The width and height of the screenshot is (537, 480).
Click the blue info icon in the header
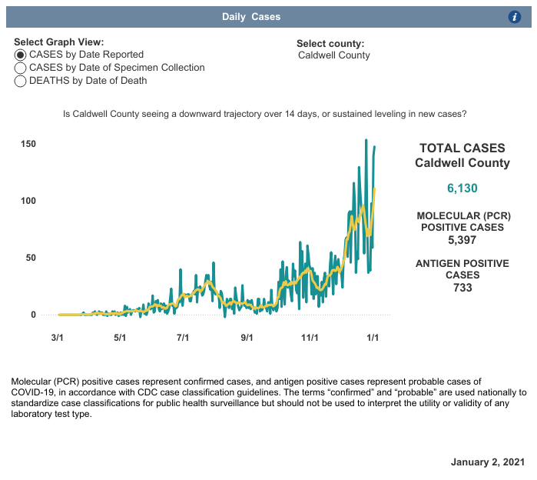pyautogui.click(x=515, y=17)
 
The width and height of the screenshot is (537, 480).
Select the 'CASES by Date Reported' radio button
pyautogui.click(x=22, y=55)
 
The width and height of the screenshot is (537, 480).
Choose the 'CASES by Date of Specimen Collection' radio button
pyautogui.click(x=22, y=68)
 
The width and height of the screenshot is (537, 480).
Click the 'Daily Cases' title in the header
pyautogui.click(x=251, y=17)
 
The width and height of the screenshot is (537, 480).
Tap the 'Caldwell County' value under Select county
pyautogui.click(x=333, y=55)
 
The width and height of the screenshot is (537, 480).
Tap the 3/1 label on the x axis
pyautogui.click(x=57, y=337)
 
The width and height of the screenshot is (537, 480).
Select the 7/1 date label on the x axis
pyautogui.click(x=183, y=337)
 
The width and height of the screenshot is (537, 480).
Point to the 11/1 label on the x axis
pyautogui.click(x=310, y=337)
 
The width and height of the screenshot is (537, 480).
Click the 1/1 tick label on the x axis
pyautogui.click(x=373, y=337)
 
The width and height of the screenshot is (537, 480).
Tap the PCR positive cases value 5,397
pyautogui.click(x=462, y=240)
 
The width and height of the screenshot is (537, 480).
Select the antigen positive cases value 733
pyautogui.click(x=462, y=288)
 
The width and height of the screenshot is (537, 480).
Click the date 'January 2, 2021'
pyautogui.click(x=488, y=462)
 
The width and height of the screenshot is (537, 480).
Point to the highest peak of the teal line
pyautogui.click(x=366, y=140)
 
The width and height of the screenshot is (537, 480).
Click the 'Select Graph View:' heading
pyautogui.click(x=59, y=42)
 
